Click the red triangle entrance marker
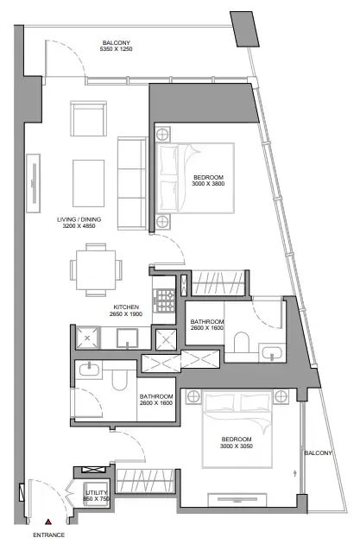coord(48,522)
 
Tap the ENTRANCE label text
coord(49,535)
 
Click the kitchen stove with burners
coord(164,300)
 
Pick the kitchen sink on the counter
coord(127,338)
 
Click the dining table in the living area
coord(96,270)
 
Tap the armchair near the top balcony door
coord(88,118)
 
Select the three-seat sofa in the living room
coord(132,183)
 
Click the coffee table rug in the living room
coord(88,183)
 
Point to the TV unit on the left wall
coord(34,183)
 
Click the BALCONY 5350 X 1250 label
coord(117,46)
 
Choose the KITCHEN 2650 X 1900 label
coord(126,310)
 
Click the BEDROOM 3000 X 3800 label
coord(208,180)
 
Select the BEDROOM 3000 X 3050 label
coord(237,442)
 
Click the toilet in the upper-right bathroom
coord(242,343)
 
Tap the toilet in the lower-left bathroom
coord(120,380)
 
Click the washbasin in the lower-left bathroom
coord(89,370)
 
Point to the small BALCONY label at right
coord(318,452)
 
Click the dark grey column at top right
coord(245,28)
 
